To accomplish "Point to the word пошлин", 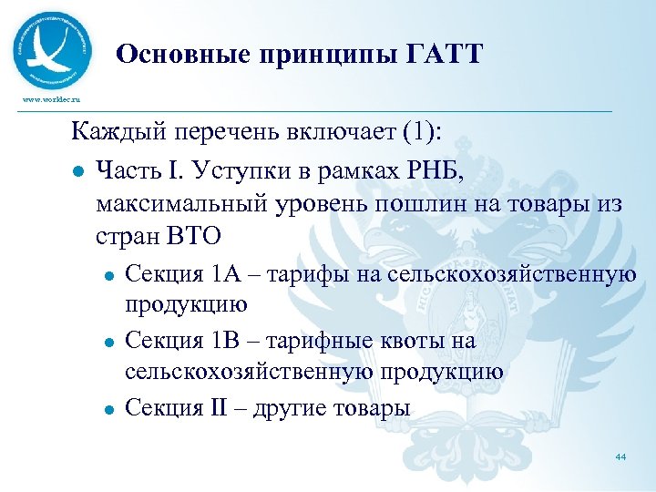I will click(410, 203).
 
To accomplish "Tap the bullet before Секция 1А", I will click(108, 273).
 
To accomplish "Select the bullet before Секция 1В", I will click(108, 343).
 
